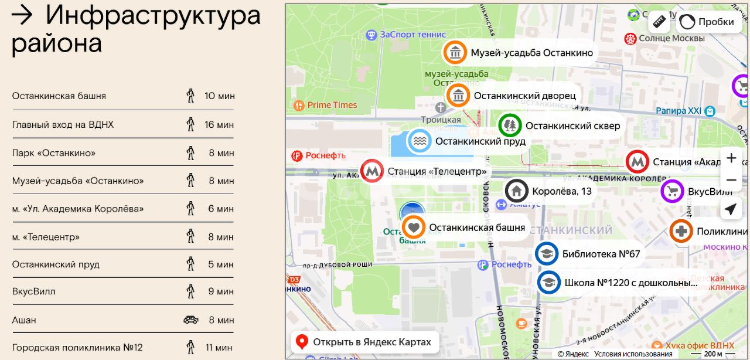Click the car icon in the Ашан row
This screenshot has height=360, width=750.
(x=191, y=320)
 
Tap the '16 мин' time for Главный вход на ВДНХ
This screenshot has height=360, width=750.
(x=219, y=124)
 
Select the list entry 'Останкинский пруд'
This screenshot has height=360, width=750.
(x=56, y=264)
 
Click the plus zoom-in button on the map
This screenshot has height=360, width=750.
(x=731, y=158)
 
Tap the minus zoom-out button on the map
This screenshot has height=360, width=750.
(x=731, y=180)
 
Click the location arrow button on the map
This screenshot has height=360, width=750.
(x=731, y=209)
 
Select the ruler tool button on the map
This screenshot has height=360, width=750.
(x=660, y=22)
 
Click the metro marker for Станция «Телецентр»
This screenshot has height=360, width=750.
(x=371, y=171)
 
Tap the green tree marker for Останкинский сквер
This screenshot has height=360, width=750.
(x=510, y=125)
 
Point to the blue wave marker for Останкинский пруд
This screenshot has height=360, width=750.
(x=420, y=141)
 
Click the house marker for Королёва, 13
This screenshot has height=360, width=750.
(x=517, y=191)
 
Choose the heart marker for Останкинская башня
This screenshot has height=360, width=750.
(x=414, y=227)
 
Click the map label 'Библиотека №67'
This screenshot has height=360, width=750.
(x=601, y=254)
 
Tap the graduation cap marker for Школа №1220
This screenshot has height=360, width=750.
(x=549, y=283)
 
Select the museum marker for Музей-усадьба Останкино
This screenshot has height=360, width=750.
(x=455, y=53)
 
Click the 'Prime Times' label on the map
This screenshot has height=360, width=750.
(x=332, y=105)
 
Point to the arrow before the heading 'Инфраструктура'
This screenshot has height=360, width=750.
(x=22, y=15)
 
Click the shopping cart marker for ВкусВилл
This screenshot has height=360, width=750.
(x=673, y=192)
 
